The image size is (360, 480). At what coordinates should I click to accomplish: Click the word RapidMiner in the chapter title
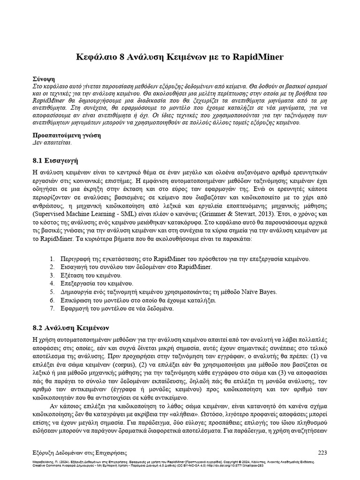[x=257, y=57]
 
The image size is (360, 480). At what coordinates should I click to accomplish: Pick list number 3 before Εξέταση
[x=52, y=276]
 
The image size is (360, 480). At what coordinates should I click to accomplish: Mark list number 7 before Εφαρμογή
[x=52, y=308]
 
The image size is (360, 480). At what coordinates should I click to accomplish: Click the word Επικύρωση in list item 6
[x=76, y=300]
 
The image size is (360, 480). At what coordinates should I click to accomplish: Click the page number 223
[x=323, y=452]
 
